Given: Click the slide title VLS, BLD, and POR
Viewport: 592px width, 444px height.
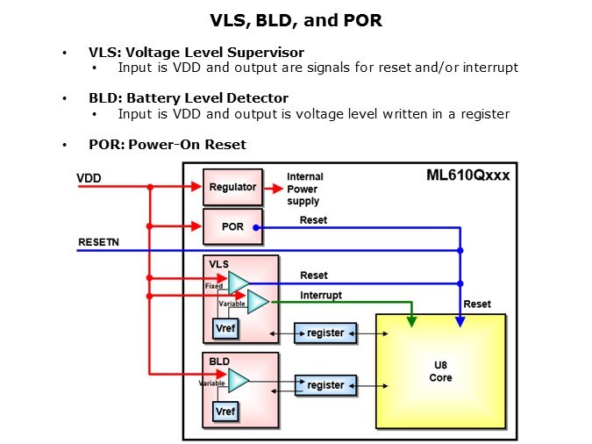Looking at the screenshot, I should (295, 19).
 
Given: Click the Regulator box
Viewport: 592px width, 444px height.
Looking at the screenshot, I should (232, 187).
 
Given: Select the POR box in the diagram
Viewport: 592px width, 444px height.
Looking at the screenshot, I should (232, 226).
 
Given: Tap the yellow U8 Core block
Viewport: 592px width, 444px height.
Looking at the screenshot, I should (440, 371).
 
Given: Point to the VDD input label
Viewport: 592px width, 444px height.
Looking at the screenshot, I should (89, 178).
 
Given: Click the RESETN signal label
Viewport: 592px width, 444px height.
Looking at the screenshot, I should (97, 241).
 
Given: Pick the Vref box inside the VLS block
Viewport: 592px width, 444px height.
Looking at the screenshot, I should (225, 328).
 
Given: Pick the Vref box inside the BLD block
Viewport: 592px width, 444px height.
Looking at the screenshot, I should (225, 412).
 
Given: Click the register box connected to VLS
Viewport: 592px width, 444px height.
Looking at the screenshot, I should (325, 333).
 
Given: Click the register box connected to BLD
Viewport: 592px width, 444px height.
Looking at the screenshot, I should (325, 384).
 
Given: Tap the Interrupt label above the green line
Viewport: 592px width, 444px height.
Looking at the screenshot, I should (321, 295).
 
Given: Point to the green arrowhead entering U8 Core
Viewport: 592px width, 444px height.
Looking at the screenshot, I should (411, 322).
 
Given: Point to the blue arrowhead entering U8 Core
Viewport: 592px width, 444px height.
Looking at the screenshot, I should (460, 322).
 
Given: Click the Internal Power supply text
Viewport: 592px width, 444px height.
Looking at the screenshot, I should (303, 189).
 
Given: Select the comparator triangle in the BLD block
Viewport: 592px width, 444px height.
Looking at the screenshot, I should (237, 380).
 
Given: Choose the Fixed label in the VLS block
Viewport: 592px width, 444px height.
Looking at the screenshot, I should (214, 286).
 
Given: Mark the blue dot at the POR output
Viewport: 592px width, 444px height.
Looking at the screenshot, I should (256, 227).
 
